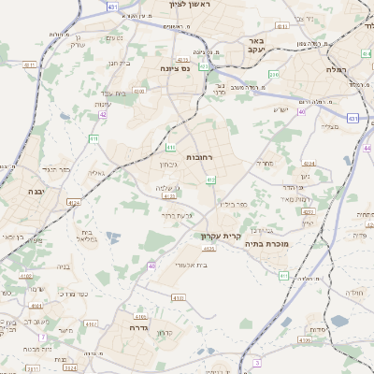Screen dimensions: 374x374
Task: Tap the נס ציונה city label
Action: (176, 68)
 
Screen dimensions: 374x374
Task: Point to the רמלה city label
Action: (337, 69)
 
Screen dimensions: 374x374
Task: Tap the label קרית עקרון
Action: (221, 237)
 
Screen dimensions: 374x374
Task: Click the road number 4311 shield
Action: (30, 65)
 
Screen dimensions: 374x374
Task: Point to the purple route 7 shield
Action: (42, 337)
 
